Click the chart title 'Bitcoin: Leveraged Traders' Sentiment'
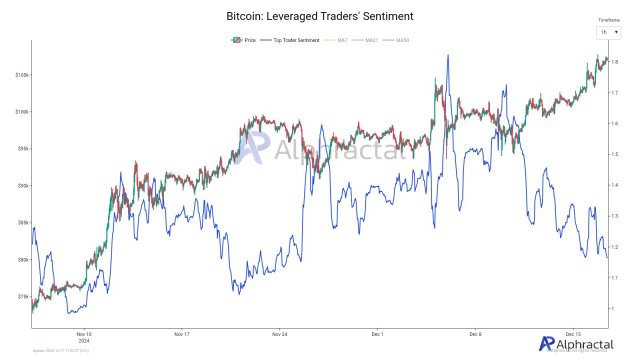[320, 16]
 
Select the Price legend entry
[245, 40]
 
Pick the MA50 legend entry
[401, 40]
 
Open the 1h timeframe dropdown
[608, 32]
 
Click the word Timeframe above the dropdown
[608, 20]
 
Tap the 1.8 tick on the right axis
[617, 62]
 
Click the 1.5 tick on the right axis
[617, 154]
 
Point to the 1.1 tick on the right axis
[617, 277]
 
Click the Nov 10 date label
[84, 334]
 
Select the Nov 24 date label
[279, 333]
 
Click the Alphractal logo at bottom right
[573, 343]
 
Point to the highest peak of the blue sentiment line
[447, 55]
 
